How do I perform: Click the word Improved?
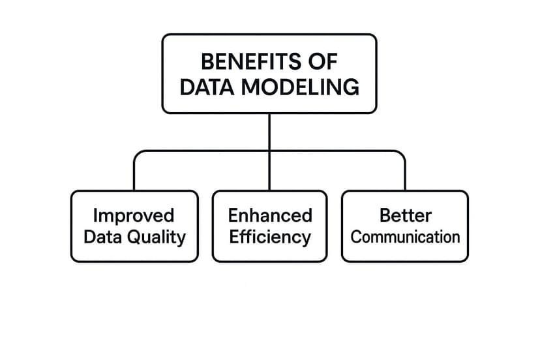point(134,215)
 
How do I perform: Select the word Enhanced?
point(269,215)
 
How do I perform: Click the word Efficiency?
point(269,237)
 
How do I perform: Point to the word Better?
point(405,215)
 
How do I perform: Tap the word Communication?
point(405,236)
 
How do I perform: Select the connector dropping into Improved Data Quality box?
point(134,173)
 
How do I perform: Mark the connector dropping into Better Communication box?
point(404,173)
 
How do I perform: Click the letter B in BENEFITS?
point(206,62)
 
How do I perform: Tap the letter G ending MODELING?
point(352,87)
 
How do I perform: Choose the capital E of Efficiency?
point(234,236)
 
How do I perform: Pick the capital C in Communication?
point(355,236)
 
